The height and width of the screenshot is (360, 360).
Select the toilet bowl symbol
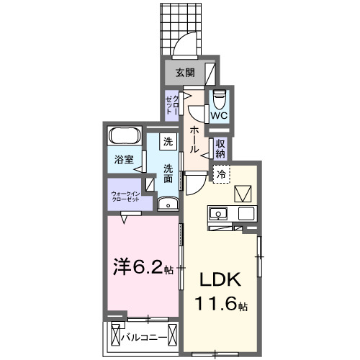[x=220, y=97]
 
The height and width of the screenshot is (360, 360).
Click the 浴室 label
[x=123, y=160]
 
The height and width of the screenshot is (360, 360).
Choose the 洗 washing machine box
[x=168, y=142]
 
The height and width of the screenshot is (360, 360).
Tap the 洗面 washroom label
[x=168, y=173]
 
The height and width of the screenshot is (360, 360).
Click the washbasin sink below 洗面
[x=168, y=204]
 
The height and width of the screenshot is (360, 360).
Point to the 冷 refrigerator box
[x=222, y=174]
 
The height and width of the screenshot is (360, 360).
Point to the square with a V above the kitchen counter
[x=243, y=192]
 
